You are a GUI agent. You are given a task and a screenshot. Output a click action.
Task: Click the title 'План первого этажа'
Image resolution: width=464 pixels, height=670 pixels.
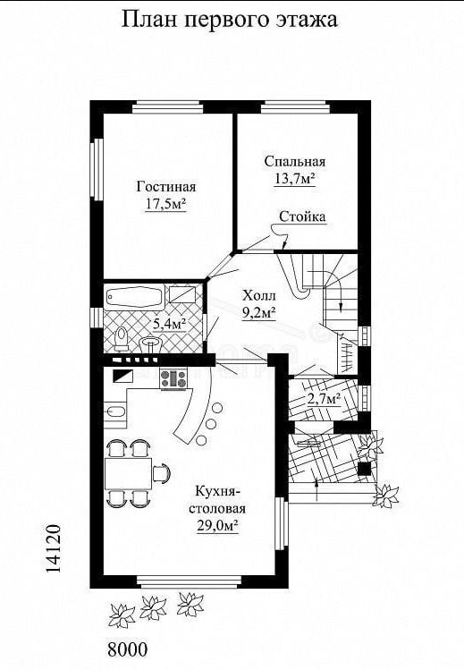point(230,20)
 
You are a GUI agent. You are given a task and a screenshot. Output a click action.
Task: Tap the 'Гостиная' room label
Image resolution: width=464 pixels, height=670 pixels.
point(166,187)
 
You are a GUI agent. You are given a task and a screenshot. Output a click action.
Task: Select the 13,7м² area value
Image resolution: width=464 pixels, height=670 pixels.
point(294,178)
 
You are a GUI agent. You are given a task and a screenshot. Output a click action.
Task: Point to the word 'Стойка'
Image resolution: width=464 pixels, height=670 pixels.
point(302,216)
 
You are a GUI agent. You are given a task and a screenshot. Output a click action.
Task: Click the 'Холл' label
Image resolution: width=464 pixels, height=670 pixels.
point(259,296)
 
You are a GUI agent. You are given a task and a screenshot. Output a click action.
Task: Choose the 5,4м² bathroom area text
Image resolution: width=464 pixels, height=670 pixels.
point(170,325)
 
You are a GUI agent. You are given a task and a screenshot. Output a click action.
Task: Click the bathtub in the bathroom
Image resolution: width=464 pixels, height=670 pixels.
point(135,297)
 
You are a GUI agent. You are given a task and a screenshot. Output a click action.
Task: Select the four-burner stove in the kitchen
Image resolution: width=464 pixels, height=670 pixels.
point(173,379)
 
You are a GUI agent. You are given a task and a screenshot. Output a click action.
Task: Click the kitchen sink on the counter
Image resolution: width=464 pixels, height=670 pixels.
point(115,411)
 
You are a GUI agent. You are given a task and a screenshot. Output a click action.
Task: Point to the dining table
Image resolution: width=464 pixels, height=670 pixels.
point(128,473)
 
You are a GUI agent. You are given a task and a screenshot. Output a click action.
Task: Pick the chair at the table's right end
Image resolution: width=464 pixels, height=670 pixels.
point(161,473)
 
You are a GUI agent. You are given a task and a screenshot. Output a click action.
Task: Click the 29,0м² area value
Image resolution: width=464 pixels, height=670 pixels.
point(217,525)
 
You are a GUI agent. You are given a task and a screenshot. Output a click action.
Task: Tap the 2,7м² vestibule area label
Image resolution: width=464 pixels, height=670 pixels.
point(324,399)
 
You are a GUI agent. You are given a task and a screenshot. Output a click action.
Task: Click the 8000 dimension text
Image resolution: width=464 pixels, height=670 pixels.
point(127,649)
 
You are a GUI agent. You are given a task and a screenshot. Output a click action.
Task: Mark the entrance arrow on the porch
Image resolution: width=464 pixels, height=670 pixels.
point(316,489)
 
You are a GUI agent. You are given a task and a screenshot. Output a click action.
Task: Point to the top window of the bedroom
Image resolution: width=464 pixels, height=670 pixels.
point(295,106)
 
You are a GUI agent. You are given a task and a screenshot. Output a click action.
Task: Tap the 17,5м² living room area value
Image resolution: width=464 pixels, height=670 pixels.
point(166,205)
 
